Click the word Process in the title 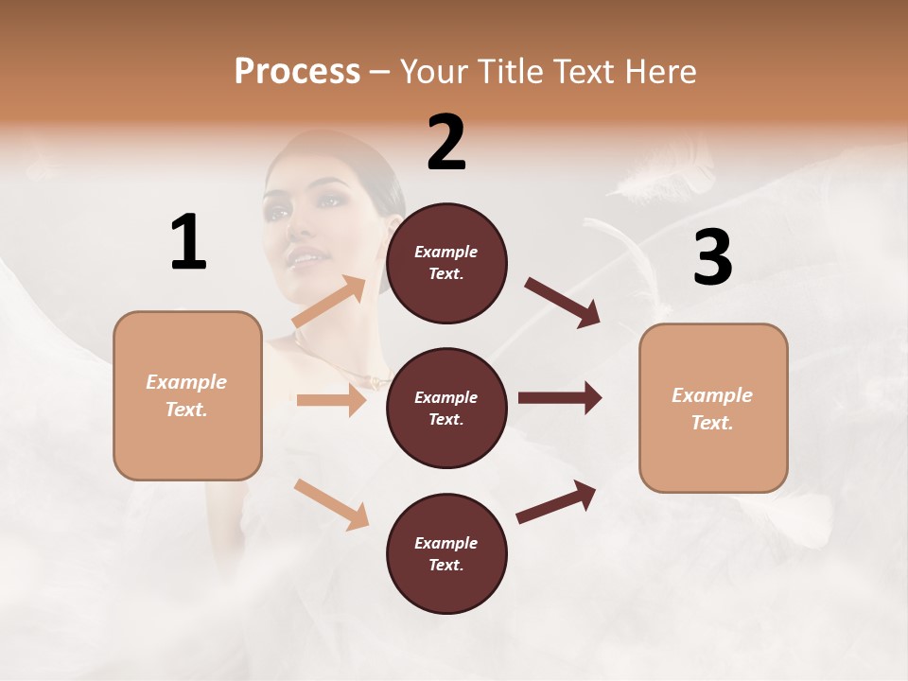[x=297, y=71]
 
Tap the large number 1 [x=188, y=242]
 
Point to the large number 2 [x=446, y=143]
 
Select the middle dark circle [x=446, y=408]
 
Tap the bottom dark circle [x=446, y=553]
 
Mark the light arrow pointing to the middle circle [x=331, y=400]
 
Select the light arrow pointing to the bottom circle [x=331, y=503]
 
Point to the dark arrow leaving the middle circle [x=559, y=397]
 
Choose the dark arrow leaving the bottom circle [x=556, y=501]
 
